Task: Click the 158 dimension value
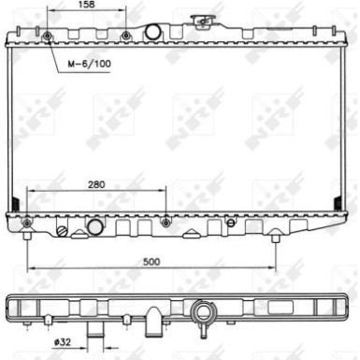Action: pyautogui.click(x=86, y=5)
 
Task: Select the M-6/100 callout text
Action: pyautogui.click(x=90, y=64)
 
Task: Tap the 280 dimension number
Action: pyautogui.click(x=96, y=184)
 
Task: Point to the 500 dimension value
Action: pyautogui.click(x=151, y=262)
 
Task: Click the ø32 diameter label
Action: pyautogui.click(x=63, y=342)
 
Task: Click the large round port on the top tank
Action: pyautogui.click(x=153, y=32)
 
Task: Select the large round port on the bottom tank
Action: pyautogui.click(x=94, y=227)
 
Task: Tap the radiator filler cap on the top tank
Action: pyautogui.click(x=203, y=22)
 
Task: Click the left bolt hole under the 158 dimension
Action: pyautogui.click(x=48, y=36)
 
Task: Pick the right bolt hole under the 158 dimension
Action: pyautogui.click(x=125, y=36)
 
